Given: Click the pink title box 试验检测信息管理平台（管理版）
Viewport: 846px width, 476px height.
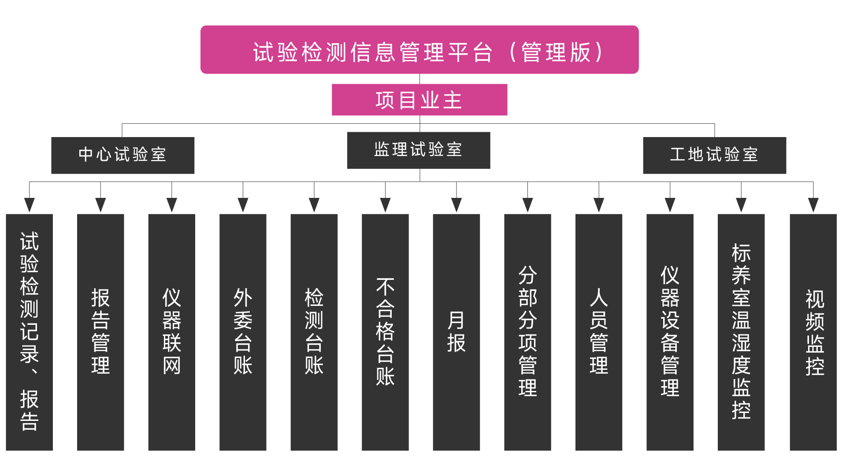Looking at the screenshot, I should [419, 49].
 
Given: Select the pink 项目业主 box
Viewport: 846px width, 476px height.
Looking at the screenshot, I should [419, 100].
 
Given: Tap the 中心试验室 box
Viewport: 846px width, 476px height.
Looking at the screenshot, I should [122, 155].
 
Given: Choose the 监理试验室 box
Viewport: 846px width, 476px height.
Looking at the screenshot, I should [419, 150].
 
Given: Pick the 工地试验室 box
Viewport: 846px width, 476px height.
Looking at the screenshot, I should [714, 155].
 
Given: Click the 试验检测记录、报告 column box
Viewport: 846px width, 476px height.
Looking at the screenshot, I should [29, 332].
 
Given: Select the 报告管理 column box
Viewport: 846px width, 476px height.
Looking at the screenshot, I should [100, 332].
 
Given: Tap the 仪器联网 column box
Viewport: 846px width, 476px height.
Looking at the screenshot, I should [171, 332].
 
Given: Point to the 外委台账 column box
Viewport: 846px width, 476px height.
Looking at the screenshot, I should [243, 332].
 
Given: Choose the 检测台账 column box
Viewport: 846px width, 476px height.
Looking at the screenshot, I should [314, 332].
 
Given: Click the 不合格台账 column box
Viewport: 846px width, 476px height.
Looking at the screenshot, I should [385, 332].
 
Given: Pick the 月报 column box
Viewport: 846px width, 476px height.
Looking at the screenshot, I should [456, 332].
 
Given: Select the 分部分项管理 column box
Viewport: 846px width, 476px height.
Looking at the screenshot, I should [527, 332].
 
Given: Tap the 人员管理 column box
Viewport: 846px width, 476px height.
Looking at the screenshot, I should [599, 332].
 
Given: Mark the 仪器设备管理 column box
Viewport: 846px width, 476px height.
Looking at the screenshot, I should [670, 332].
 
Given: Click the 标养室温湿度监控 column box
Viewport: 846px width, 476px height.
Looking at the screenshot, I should [741, 332].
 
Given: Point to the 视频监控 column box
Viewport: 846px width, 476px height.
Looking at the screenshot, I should [813, 332].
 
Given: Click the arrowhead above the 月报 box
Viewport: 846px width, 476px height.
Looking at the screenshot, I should [456, 205].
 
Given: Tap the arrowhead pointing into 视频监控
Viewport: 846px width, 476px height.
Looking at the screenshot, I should [813, 205].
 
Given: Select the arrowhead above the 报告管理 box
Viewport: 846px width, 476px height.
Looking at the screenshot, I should [100, 205].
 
